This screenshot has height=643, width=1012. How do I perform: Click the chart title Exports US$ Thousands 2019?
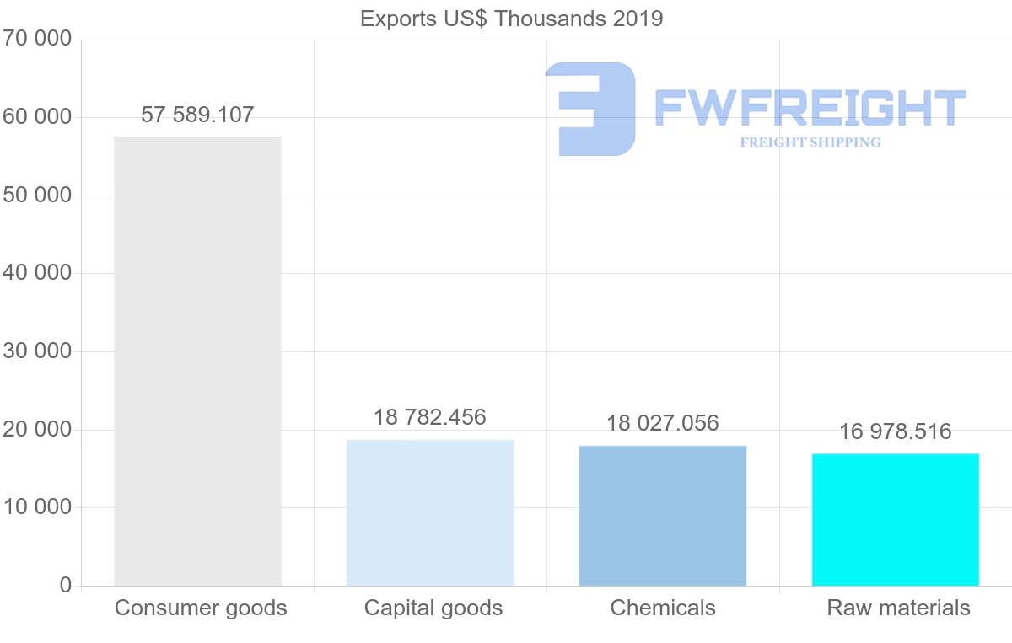[511, 19]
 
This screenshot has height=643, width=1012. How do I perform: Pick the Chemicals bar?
[663, 515]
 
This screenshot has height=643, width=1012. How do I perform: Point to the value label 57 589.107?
[197, 115]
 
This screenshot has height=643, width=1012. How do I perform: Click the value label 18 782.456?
[430, 417]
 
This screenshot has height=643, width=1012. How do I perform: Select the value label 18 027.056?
[663, 423]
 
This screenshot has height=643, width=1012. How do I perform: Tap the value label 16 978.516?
[896, 432]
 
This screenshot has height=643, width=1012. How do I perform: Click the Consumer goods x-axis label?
[201, 608]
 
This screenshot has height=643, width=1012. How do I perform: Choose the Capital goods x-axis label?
[433, 608]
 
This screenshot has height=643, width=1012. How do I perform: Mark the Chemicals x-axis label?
[663, 608]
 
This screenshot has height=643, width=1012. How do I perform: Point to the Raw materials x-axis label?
[899, 608]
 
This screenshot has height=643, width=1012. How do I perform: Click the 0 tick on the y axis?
[66, 586]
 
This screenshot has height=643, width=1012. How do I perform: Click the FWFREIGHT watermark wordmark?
[810, 108]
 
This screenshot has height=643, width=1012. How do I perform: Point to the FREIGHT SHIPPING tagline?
[810, 142]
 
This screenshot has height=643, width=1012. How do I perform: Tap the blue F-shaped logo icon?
[590, 109]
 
